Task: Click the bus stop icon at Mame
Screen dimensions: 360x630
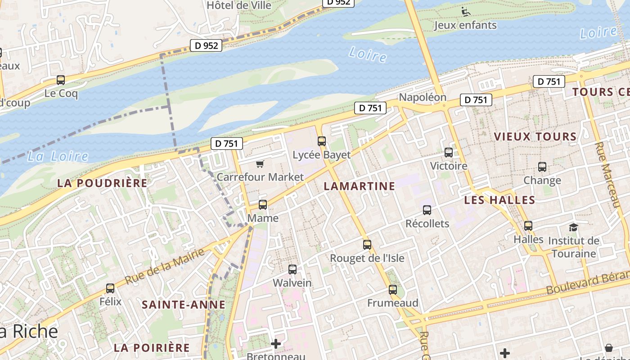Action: [263, 205]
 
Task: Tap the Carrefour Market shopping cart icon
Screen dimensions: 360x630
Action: [260, 164]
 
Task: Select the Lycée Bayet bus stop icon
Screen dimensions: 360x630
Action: [321, 141]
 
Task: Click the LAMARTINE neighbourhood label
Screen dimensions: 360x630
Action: [359, 186]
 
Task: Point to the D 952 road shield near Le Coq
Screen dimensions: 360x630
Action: [206, 45]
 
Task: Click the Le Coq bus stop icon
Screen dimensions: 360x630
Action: [61, 81]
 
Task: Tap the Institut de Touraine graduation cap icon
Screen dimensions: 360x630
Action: [573, 227]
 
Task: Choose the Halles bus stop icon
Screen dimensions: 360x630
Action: [528, 226]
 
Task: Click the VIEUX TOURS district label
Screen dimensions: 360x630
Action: [535, 136]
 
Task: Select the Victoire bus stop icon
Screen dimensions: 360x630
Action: [449, 153]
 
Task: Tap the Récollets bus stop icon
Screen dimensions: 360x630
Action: [427, 210]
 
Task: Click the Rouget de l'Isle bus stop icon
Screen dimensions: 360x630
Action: [367, 245]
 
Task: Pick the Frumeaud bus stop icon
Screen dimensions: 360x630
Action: [393, 290]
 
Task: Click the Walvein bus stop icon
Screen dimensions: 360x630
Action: [292, 270]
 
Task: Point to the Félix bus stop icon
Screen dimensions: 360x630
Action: [110, 288]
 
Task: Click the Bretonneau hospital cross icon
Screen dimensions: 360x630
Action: [276, 344]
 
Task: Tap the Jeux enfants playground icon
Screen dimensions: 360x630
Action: [466, 11]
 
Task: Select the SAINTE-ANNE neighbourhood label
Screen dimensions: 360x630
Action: [184, 305]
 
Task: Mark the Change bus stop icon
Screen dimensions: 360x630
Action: [542, 167]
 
